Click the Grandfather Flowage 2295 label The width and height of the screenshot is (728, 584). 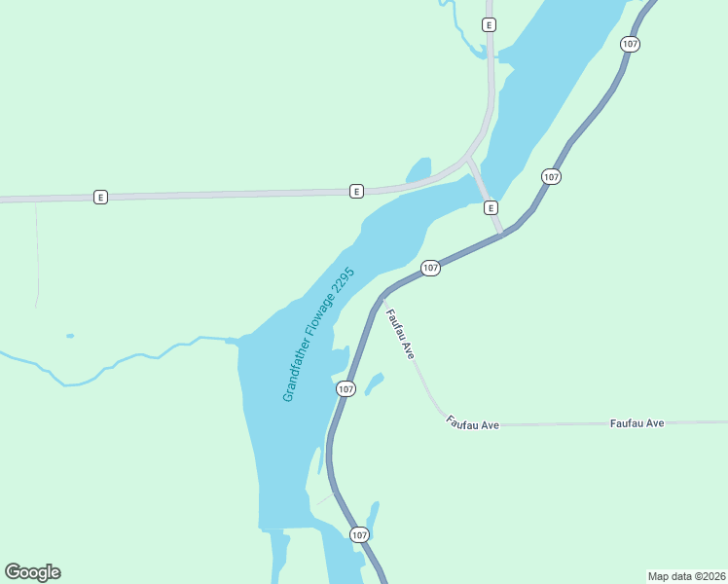point(319,334)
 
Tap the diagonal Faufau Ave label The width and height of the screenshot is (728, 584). point(401,334)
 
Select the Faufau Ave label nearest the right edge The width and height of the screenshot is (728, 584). point(637,423)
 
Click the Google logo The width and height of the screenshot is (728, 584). point(32,572)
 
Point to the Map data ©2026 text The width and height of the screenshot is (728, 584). point(686,575)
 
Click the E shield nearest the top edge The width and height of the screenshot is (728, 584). point(489,24)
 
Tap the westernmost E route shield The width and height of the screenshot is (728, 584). point(99,197)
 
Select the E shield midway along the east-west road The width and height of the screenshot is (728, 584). point(356,191)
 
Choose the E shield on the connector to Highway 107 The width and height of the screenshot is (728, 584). point(491,207)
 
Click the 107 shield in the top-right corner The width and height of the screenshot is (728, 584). point(630,44)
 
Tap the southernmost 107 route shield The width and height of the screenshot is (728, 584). point(359,534)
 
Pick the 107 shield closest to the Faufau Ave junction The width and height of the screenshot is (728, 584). point(430,268)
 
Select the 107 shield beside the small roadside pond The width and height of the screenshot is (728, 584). point(346,388)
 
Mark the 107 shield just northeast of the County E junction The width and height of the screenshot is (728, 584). point(551,176)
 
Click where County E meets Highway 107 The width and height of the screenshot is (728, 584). point(503,234)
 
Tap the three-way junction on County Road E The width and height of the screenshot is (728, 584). point(468,159)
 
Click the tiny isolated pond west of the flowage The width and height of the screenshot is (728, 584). point(69,336)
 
